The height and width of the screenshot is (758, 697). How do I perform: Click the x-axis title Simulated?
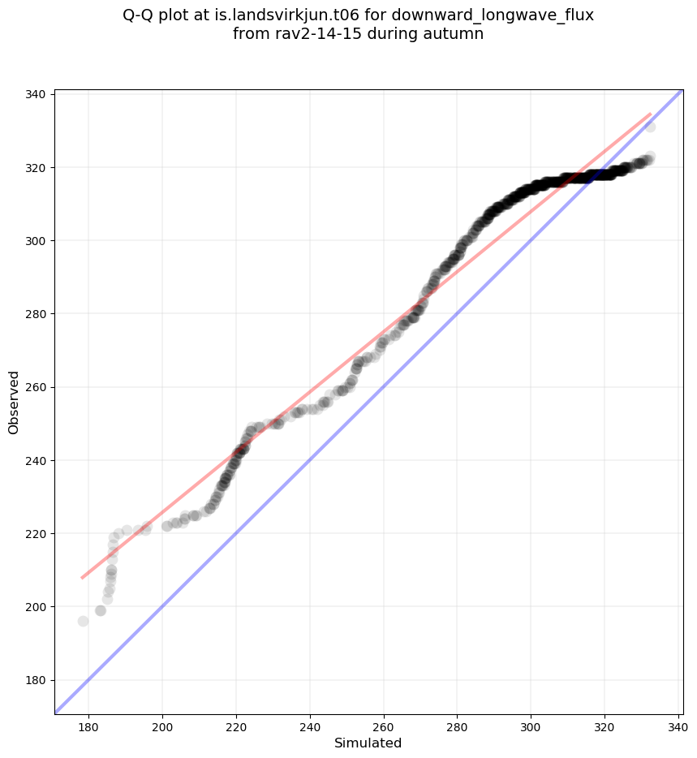(x=368, y=743)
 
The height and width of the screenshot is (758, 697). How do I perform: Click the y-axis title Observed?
(x=14, y=403)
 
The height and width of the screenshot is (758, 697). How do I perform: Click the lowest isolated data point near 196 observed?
(x=83, y=621)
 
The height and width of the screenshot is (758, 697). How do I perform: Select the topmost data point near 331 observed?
(x=650, y=127)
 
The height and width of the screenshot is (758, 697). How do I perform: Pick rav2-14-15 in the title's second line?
(x=308, y=34)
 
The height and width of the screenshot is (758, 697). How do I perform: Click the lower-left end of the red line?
(x=82, y=578)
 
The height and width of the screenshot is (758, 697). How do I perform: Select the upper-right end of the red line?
(x=650, y=114)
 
